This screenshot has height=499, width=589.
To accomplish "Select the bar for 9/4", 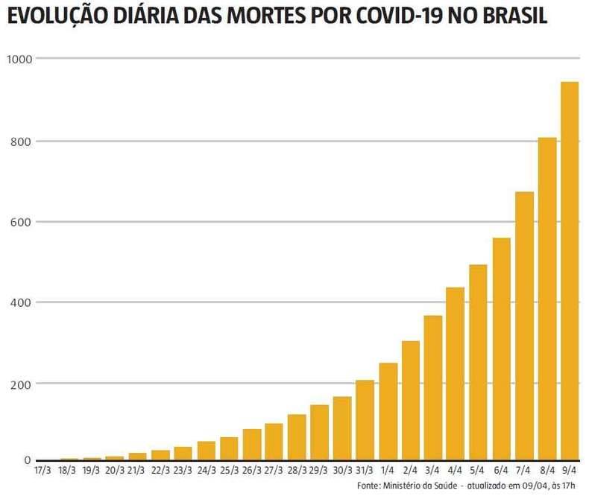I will point(569,271).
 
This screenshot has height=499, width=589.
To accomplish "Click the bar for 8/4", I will point(547,299).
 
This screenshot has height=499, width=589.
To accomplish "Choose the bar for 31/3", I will point(365,420).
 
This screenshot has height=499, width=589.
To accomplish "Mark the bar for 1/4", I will point(388,412).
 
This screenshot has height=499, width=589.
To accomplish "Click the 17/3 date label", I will point(43,471).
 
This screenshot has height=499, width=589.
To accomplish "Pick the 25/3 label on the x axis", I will point(229,471).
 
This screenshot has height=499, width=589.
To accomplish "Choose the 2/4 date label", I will point(410,471).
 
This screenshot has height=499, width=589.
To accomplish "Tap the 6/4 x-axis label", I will point(501,471).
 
